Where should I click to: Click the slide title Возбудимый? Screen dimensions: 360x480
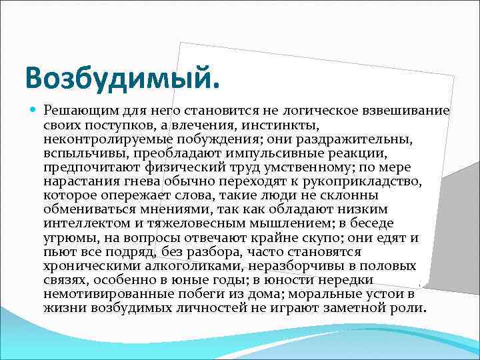122,79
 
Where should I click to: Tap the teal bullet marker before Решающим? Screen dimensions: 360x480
33,111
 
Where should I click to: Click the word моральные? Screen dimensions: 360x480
321,294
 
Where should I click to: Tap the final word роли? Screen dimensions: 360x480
408,308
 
